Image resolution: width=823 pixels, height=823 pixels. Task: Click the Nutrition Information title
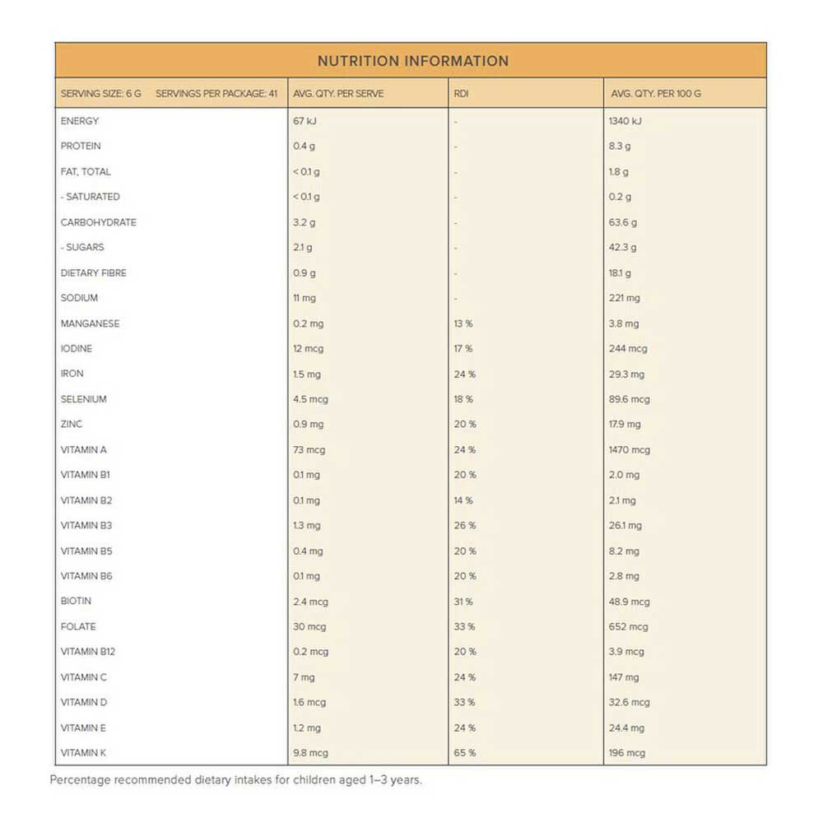click(412, 61)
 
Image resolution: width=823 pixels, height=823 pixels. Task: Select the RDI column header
click(461, 94)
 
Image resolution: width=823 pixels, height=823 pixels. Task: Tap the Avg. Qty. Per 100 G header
click(656, 94)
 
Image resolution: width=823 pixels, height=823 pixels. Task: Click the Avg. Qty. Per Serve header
click(338, 94)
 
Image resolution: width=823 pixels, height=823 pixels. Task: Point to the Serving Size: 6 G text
click(100, 94)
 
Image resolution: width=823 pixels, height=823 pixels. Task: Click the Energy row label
click(80, 121)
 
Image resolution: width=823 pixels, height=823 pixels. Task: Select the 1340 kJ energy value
click(626, 121)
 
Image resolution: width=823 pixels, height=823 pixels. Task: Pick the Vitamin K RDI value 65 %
click(464, 753)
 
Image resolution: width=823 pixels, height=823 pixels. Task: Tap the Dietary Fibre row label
click(93, 272)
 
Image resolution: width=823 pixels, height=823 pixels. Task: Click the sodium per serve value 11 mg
click(305, 298)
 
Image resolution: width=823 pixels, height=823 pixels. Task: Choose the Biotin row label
click(76, 602)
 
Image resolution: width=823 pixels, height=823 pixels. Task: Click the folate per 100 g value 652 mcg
click(630, 627)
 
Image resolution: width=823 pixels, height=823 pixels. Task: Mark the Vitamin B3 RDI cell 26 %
click(464, 525)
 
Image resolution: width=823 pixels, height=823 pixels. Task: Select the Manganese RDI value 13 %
click(463, 323)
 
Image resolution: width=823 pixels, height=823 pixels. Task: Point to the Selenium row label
click(83, 399)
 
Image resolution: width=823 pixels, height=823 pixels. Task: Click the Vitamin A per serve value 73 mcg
click(309, 450)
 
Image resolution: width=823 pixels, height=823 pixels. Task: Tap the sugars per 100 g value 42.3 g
click(623, 247)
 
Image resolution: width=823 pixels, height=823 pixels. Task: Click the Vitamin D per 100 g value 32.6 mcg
click(630, 703)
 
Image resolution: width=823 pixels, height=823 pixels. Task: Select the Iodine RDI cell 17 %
click(463, 349)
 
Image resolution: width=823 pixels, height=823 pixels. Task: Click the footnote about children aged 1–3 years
click(235, 779)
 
